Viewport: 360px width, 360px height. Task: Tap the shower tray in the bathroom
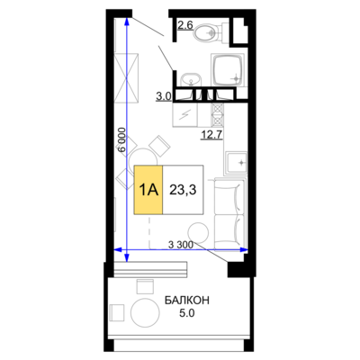pos(229,71)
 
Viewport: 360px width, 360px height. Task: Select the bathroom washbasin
pos(191,79)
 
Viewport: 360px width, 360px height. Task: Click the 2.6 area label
pos(185,25)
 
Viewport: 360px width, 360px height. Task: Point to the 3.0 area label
pos(164,96)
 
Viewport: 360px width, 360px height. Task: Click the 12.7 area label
pos(211,135)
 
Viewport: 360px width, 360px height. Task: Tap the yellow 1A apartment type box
pos(148,190)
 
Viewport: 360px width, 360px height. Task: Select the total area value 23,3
pos(183,190)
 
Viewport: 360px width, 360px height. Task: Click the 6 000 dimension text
pos(121,139)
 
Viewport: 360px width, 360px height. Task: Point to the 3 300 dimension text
pos(181,245)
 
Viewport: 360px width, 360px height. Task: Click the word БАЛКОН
pos(187,300)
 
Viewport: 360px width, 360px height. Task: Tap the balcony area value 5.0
pos(187,313)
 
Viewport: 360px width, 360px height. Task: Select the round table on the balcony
pos(145,313)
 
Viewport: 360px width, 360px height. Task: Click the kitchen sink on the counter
pos(236,163)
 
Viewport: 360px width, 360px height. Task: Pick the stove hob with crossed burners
pos(218,114)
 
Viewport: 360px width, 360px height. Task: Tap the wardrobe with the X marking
pos(127,78)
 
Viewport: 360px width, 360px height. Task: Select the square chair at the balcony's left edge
pos(117,312)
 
